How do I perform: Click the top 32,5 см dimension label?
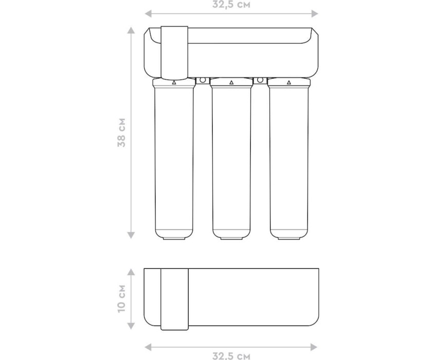click(231, 5)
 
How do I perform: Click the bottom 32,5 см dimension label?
click(231, 356)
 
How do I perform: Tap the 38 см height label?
click(122, 133)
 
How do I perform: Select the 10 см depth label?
click(122, 298)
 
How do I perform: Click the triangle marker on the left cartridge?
click(174, 82)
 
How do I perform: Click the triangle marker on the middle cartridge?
click(231, 82)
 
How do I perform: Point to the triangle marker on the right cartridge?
click(289, 82)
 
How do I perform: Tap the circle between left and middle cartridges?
click(203, 80)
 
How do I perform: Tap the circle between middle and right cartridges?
click(260, 80)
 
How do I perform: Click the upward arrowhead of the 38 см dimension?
click(131, 30)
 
